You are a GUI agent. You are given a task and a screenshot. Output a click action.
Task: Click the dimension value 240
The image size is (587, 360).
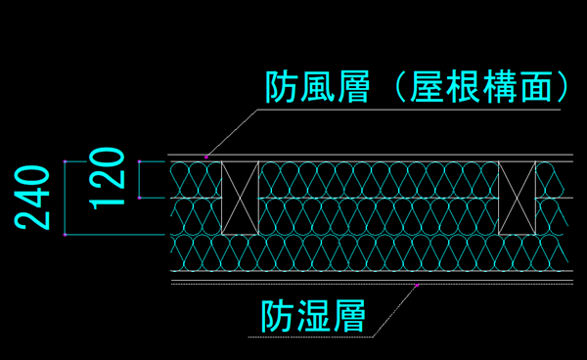coord(32,198)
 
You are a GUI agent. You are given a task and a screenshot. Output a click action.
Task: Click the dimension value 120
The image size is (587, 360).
coord(107,178)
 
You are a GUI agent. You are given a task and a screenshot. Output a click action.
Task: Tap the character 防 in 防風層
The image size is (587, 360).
coord(281,87)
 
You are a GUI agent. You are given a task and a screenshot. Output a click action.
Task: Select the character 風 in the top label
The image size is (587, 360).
coord(317,87)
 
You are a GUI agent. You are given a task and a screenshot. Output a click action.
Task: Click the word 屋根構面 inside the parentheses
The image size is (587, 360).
coord(480,87)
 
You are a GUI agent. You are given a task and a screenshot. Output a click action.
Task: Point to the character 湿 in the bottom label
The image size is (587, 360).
coord(313,315)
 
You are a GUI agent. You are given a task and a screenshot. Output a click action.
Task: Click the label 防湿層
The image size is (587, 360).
coord(313,315)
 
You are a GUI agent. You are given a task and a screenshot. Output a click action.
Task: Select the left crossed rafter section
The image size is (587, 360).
coord(240,198)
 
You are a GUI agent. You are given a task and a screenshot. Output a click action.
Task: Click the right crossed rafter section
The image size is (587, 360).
coord(517,198)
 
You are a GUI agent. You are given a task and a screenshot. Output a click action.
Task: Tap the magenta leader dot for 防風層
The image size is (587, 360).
coord(205,157)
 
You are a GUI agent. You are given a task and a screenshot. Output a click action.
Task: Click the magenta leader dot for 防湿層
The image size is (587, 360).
coord(417,285)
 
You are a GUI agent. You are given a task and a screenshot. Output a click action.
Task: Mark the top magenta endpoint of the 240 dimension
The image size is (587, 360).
coord(65,161)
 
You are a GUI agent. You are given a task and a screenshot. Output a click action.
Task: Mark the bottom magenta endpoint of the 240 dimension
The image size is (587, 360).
coord(65,235)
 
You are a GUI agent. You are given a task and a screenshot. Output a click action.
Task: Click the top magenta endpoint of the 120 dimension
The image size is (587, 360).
coord(139,161)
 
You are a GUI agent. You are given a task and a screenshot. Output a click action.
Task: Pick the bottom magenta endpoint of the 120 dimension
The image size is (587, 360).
coord(139,198)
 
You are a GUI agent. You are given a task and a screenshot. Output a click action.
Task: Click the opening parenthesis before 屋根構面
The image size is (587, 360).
coord(400,87)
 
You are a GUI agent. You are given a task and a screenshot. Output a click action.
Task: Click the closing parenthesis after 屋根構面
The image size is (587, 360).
coord(563,87)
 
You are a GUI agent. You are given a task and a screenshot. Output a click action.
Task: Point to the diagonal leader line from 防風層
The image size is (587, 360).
coord(232,133)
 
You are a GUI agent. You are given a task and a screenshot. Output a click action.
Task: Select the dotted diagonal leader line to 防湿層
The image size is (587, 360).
coord(395,311)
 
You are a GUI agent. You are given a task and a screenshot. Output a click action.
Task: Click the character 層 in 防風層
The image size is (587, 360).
coord(353,87)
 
